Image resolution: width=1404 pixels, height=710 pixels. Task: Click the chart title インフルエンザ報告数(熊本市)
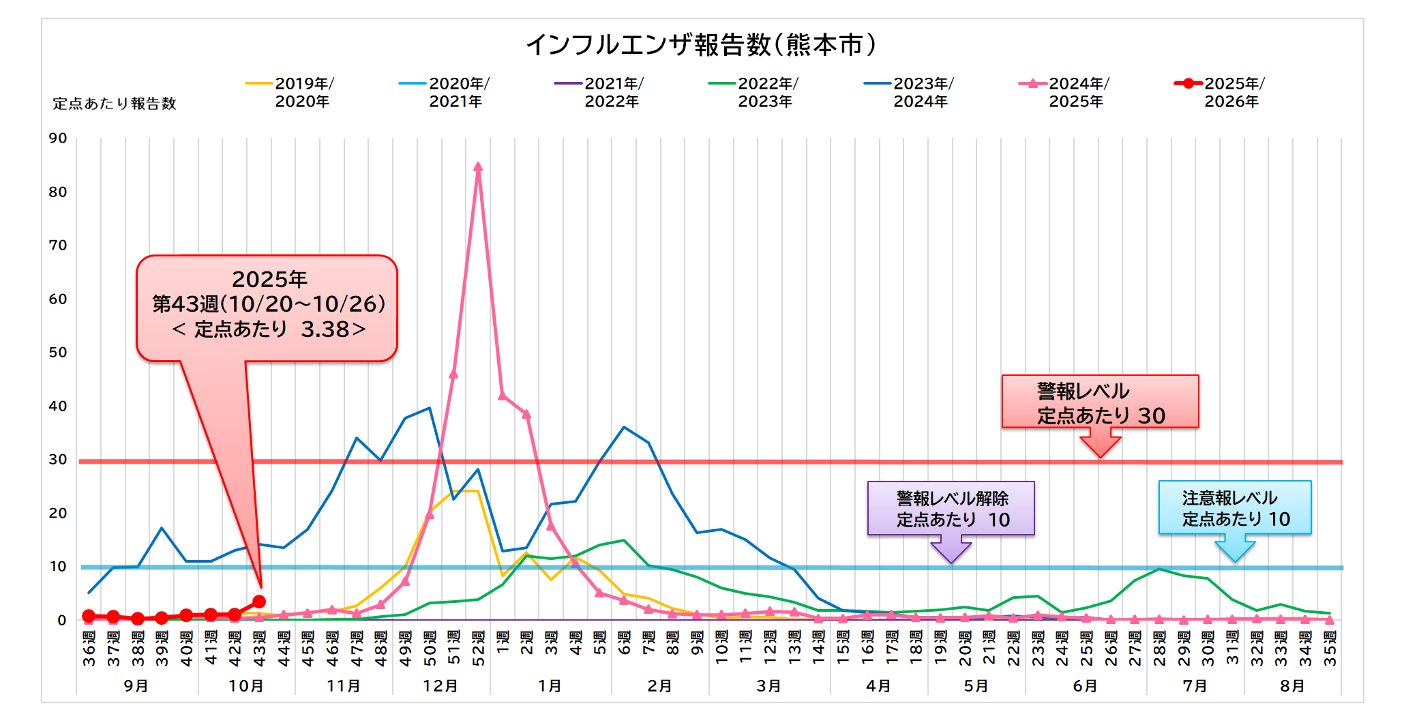click(x=701, y=45)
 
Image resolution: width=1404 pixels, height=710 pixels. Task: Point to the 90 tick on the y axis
click(x=58, y=138)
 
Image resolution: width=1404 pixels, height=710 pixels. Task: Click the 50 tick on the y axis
click(x=58, y=353)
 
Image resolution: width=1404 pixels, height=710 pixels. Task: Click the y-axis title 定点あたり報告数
click(x=115, y=104)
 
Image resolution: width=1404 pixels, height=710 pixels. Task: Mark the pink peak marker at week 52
click(x=478, y=167)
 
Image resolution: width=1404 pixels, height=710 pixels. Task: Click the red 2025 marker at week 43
click(x=259, y=602)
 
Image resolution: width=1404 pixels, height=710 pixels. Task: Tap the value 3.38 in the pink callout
click(x=325, y=329)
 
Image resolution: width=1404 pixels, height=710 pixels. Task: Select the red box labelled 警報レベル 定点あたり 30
click(x=1100, y=402)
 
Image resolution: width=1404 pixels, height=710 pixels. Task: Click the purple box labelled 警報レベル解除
click(x=951, y=508)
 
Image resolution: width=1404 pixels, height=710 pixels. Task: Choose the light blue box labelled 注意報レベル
click(x=1235, y=507)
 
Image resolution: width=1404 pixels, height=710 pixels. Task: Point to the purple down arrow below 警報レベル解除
click(x=951, y=549)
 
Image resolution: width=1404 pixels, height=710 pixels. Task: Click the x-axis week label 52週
click(x=478, y=648)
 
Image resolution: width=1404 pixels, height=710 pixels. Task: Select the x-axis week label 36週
click(x=89, y=648)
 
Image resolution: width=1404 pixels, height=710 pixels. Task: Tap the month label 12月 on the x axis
click(x=440, y=685)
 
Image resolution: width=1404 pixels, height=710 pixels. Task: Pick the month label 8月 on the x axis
click(x=1292, y=685)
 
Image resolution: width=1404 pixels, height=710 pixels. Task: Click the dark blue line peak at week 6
click(x=624, y=427)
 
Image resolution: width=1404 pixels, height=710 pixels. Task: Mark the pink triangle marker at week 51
click(x=453, y=374)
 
